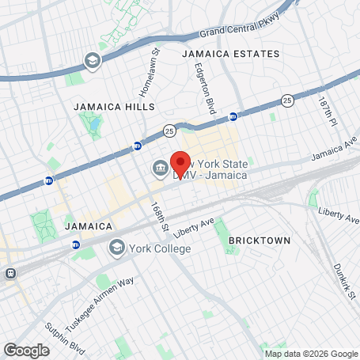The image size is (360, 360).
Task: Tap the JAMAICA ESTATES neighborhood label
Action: click(x=230, y=54)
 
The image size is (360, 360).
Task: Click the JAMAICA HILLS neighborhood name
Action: click(x=114, y=106)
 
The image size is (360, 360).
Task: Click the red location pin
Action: click(x=181, y=163)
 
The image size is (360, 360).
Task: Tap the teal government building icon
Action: click(x=159, y=169)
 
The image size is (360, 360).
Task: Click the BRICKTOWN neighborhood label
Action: click(x=260, y=240)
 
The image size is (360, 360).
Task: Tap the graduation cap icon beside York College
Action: click(x=116, y=248)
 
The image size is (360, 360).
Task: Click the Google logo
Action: click(x=26, y=349)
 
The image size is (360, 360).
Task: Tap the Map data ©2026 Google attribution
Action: click(x=311, y=354)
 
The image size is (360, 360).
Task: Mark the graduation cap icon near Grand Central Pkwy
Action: click(x=93, y=60)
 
